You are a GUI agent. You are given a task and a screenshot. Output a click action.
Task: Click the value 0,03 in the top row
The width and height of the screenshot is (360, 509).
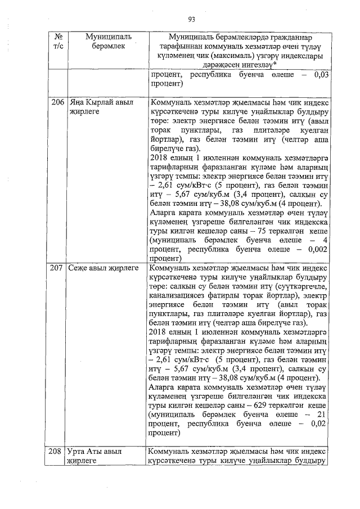319,75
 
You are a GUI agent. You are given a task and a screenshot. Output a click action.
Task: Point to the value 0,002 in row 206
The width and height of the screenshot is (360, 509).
314,250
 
